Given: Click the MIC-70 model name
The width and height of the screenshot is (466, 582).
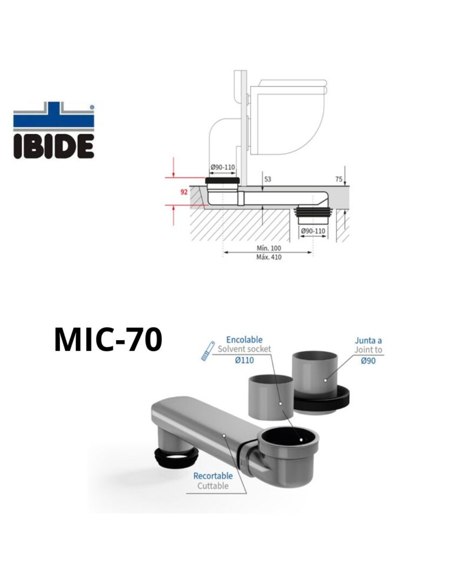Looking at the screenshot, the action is click(108, 339).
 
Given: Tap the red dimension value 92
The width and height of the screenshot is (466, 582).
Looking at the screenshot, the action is click(184, 192).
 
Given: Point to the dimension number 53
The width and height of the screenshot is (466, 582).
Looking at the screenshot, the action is click(268, 179).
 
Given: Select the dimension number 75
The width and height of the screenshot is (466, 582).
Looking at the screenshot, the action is click(339, 179).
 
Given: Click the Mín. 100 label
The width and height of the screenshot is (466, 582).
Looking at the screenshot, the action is click(269, 248).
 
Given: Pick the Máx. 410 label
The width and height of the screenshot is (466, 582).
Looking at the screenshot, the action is click(269, 257).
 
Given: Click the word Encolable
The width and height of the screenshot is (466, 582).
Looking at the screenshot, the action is click(244, 339).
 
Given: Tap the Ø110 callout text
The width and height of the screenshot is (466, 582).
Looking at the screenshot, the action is click(244, 360).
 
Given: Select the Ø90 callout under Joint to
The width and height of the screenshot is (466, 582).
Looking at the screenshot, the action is click(368, 361).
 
